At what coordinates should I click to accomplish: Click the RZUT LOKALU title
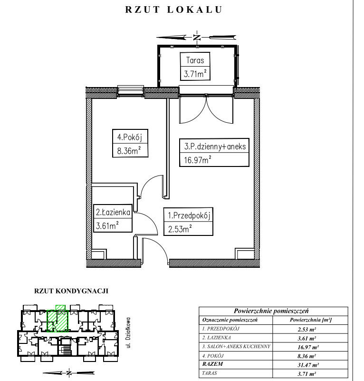coord(173,10)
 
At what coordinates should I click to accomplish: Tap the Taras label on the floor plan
coord(195,60)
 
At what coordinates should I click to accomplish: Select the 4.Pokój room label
coord(130,137)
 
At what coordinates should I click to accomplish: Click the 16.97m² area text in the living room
coord(197,160)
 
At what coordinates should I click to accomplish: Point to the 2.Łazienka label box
coord(113,218)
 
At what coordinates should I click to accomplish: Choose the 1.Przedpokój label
coord(189,215)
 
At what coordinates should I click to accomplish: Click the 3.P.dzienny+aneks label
coord(215,147)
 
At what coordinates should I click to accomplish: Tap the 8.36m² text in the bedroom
coord(129,151)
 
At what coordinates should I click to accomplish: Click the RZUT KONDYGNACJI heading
coord(71,291)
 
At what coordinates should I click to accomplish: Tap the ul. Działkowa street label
coord(128,332)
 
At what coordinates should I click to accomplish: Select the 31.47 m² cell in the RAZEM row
coord(308,365)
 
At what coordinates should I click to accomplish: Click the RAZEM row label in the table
coord(212,364)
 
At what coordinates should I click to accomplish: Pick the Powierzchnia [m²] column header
coord(311,320)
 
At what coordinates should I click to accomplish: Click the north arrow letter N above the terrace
coord(197,38)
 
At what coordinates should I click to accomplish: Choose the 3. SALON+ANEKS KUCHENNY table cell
coord(236,346)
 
